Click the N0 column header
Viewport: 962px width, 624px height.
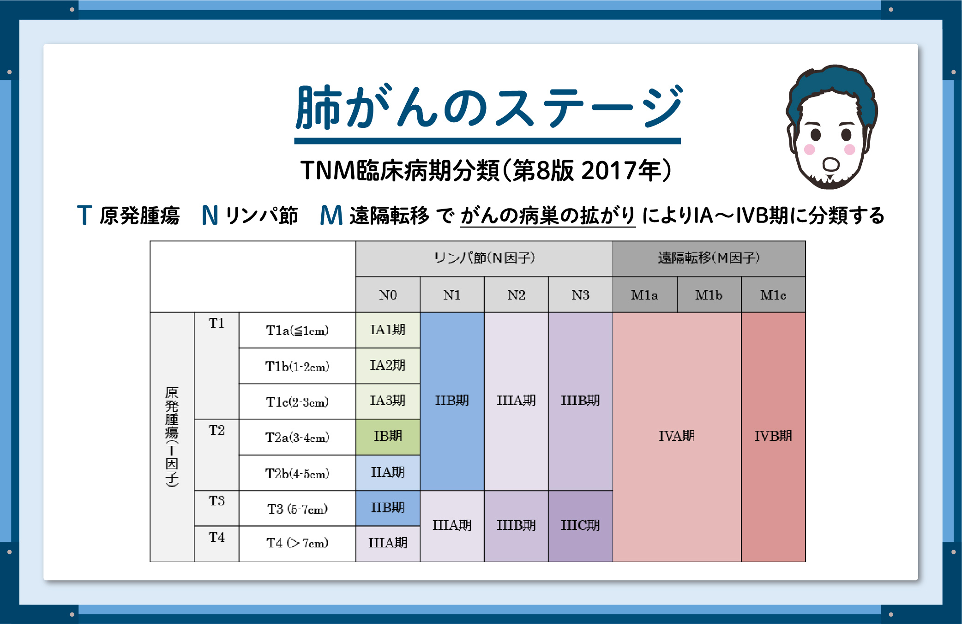[388, 295]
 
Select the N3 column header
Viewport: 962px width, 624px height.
[580, 295]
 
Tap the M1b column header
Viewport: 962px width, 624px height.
[709, 295]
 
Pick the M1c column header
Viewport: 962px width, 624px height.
[773, 295]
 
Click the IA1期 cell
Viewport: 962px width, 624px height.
[388, 330]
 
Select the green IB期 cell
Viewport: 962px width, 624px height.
[388, 437]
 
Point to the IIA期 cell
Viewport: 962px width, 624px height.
[388, 473]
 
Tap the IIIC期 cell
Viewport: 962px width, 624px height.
[580, 526]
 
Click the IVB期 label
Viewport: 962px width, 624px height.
[773, 436]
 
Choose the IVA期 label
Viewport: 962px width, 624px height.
[677, 436]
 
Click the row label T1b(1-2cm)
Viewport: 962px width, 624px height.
[297, 366]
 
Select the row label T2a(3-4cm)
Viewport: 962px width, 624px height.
[297, 438]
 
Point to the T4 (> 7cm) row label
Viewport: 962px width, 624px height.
[297, 543]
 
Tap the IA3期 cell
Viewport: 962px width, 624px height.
[388, 401]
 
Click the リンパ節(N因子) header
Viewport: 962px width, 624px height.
[484, 258]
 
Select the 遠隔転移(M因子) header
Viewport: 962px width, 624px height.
[709, 258]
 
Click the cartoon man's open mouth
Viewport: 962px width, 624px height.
[831, 164]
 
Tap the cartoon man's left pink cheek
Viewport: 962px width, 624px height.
[809, 149]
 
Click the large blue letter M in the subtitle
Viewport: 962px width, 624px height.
[331, 216]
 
